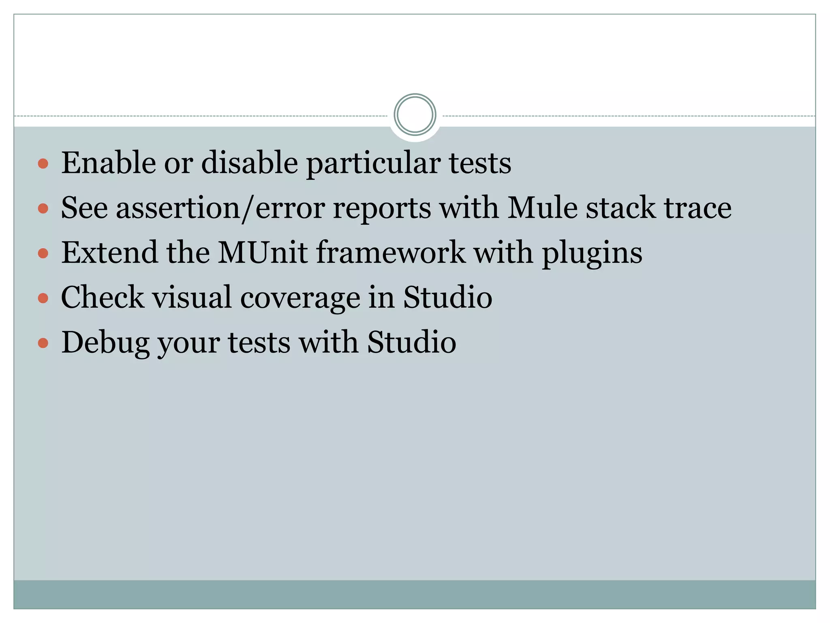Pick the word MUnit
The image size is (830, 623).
[x=262, y=253]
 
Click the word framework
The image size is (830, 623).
[x=390, y=253]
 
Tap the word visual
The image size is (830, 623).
[x=192, y=297]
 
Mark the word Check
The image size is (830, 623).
[x=103, y=297]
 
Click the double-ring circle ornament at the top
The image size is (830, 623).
[x=415, y=115]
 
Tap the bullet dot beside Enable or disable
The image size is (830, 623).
[x=43, y=164]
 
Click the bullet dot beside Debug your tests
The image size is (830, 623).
[x=43, y=344]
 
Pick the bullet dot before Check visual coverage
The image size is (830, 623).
[x=43, y=299]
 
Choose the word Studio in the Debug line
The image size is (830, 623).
[x=411, y=343]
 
